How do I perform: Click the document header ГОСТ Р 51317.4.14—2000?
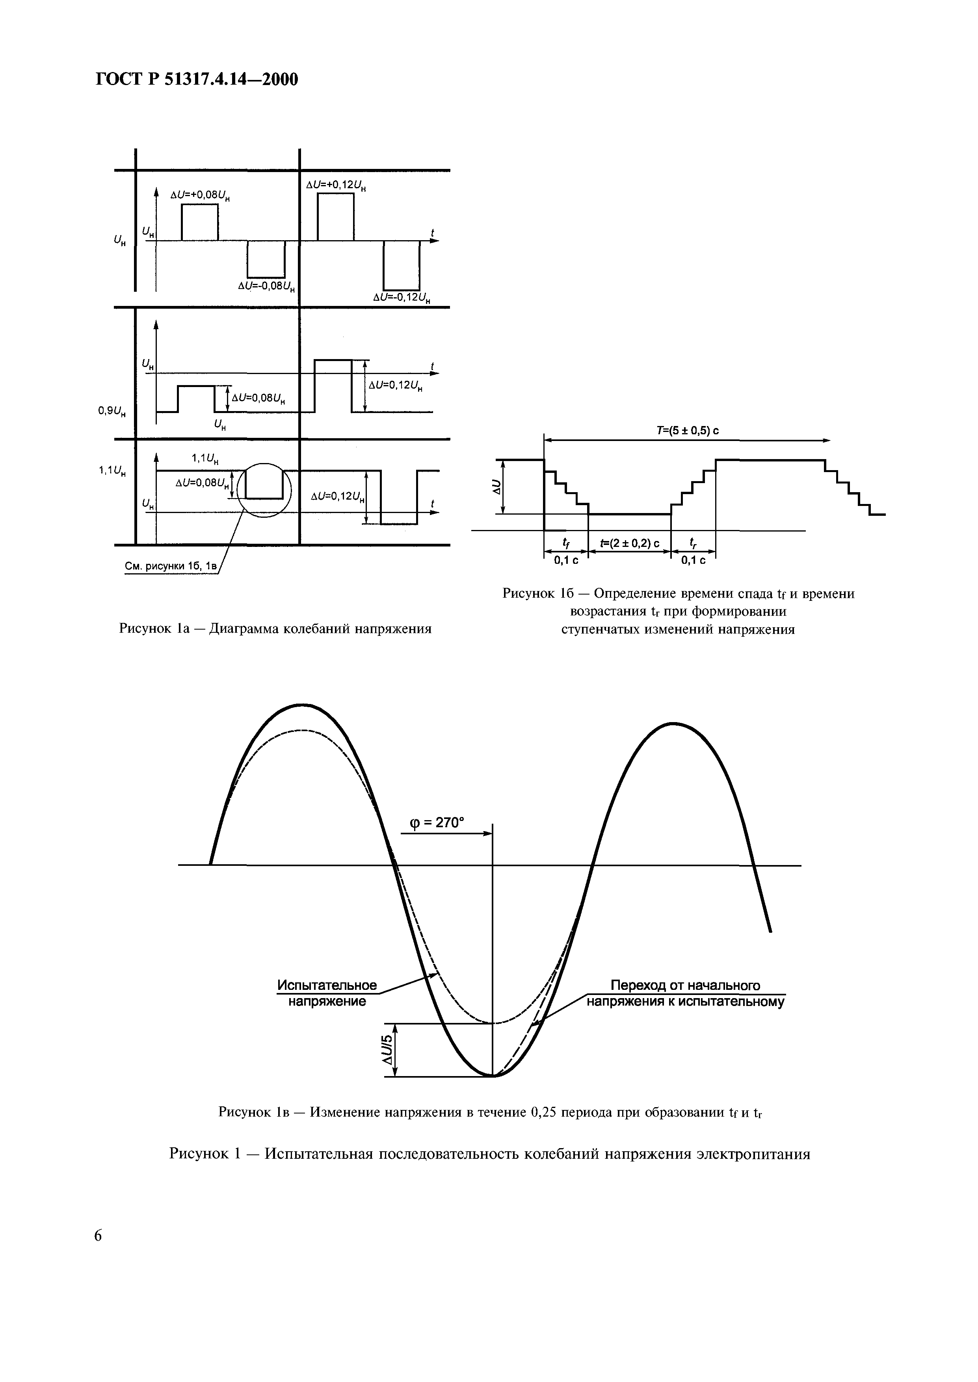[x=197, y=80]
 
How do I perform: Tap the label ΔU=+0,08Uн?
[x=201, y=195]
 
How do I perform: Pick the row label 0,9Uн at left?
[x=112, y=412]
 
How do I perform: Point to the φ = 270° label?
[x=437, y=822]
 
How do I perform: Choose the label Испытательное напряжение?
[x=327, y=993]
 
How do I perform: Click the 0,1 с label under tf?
[x=566, y=560]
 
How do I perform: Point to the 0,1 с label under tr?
[x=693, y=560]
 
